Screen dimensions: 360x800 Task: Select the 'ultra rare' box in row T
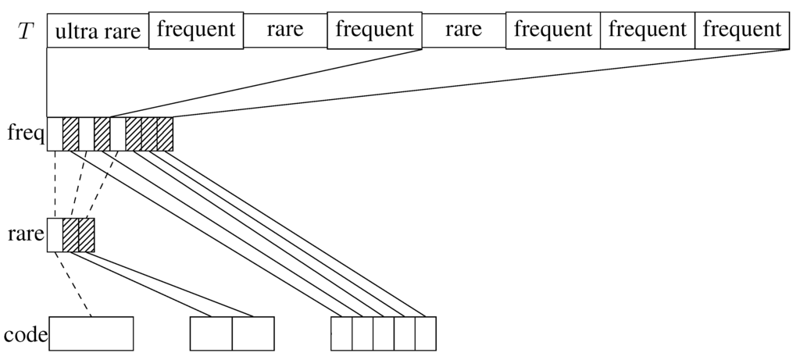[x=98, y=31]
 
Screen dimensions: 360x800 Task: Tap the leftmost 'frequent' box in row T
[x=195, y=30]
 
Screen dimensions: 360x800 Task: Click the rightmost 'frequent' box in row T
[x=741, y=30]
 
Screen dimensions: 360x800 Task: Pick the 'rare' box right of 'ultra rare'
[x=284, y=30]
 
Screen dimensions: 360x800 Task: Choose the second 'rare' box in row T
[x=463, y=30]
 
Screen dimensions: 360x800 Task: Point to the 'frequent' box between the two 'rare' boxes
[x=374, y=30]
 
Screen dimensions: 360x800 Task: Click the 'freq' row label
[x=23, y=133]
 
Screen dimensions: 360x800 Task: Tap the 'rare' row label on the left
[x=23, y=234]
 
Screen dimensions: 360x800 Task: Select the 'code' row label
[x=24, y=335]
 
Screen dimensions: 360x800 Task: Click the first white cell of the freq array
[x=55, y=134]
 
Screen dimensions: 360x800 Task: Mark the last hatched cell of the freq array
[x=165, y=134]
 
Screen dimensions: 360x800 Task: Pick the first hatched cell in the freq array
[x=70, y=134]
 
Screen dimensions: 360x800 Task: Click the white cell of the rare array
[x=55, y=235]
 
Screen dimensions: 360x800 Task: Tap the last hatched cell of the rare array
[x=87, y=235]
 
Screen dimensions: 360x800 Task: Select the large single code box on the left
[x=91, y=333]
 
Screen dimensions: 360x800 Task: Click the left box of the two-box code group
[x=211, y=333]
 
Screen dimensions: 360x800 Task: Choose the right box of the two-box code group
[x=253, y=333]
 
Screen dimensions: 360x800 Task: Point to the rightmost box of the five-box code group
[x=425, y=333]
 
